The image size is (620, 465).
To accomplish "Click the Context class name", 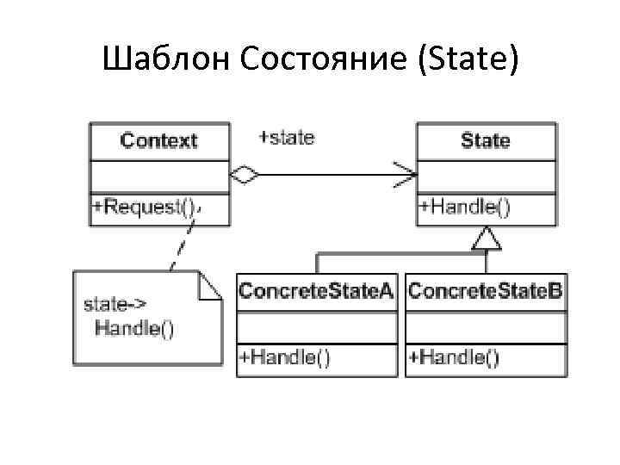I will pos(159,140).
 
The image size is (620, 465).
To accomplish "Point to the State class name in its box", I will pos(486,140).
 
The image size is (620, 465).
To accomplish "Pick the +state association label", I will pos(287,137).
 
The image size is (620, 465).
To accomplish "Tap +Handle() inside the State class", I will pos(464,207).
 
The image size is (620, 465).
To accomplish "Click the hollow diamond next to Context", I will pos(245,176).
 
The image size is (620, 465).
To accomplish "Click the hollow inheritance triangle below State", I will pos(487,239).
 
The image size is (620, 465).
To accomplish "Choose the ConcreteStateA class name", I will pos(316,291).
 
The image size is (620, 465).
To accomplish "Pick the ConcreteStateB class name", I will pos(485,291).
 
